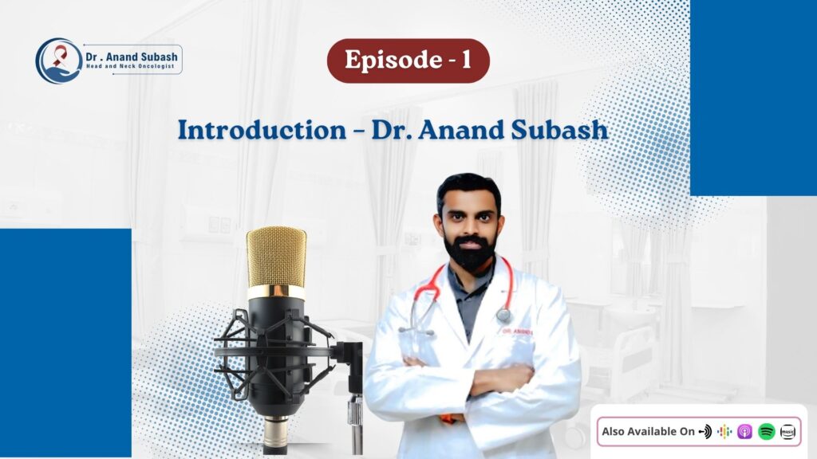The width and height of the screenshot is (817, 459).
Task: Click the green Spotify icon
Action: pos(767,431)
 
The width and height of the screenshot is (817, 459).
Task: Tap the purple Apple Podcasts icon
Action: pos(744,431)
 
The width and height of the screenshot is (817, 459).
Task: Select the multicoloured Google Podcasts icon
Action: pos(724,431)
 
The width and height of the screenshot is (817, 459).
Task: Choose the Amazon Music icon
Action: pos(787,431)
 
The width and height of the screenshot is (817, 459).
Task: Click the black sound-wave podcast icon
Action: pos(705,431)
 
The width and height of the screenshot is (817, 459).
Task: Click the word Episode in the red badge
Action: pos(393,60)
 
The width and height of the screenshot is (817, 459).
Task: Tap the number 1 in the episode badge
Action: pos(466,60)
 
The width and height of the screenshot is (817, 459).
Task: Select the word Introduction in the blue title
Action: pos(262,130)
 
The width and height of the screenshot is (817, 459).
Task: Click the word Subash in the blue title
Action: pos(559,130)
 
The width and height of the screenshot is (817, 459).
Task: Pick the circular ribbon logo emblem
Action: pos(58,61)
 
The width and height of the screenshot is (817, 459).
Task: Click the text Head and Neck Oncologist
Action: pos(130,67)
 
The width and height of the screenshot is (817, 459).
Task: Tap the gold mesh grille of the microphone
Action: pos(276,257)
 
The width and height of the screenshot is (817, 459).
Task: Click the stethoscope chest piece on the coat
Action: pos(503,314)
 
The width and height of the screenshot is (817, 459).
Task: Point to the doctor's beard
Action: pos(470,253)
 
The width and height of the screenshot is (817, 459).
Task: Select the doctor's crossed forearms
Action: pos(469,381)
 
